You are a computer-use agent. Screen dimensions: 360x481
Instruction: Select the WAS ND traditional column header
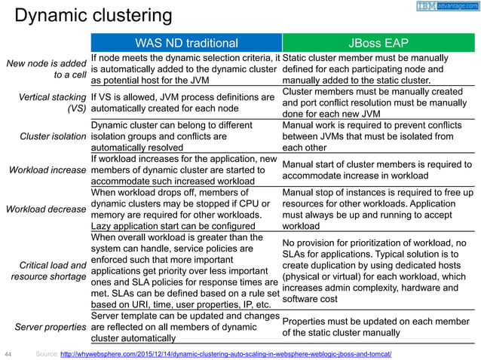coord(185,42)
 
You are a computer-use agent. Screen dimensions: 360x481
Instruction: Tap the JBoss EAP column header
coord(381,42)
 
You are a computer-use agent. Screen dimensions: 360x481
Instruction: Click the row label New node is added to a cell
coord(47,69)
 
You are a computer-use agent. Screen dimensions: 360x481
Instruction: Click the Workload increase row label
coord(46,170)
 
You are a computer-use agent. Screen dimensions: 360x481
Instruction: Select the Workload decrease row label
coord(46,206)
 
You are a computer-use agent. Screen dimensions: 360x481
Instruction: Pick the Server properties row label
coord(49,328)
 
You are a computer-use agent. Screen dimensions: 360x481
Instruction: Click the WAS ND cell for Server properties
coord(185,328)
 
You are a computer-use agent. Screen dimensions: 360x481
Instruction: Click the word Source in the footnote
coord(46,353)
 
